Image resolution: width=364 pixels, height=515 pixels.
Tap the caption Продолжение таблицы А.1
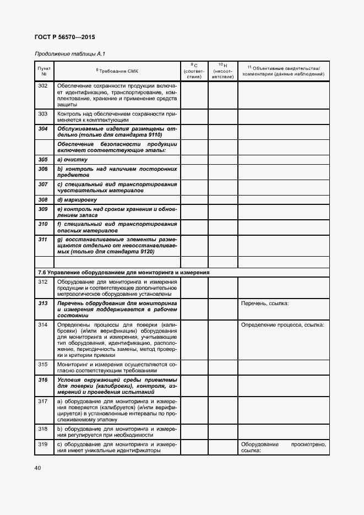pyautogui.click(x=69, y=54)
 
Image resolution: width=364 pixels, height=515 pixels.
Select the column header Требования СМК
pyautogui.click(x=117, y=71)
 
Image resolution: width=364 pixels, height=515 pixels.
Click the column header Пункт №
pyautogui.click(x=44, y=71)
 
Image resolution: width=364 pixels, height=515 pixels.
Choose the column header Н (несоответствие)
pyautogui.click(x=222, y=71)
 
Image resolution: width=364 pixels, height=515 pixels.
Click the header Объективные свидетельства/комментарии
pyautogui.click(x=283, y=71)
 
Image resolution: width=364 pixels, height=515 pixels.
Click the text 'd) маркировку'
pyautogui.click(x=77, y=199)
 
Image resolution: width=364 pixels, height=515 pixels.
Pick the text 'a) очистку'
pyautogui.click(x=72, y=159)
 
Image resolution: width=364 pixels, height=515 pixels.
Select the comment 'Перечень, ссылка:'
pyautogui.click(x=265, y=303)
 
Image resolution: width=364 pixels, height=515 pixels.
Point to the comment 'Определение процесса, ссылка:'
pyautogui.click(x=282, y=324)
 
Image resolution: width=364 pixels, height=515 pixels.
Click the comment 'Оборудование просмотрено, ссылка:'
pyautogui.click(x=283, y=447)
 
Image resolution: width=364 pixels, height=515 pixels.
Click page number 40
pyautogui.click(x=37, y=468)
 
